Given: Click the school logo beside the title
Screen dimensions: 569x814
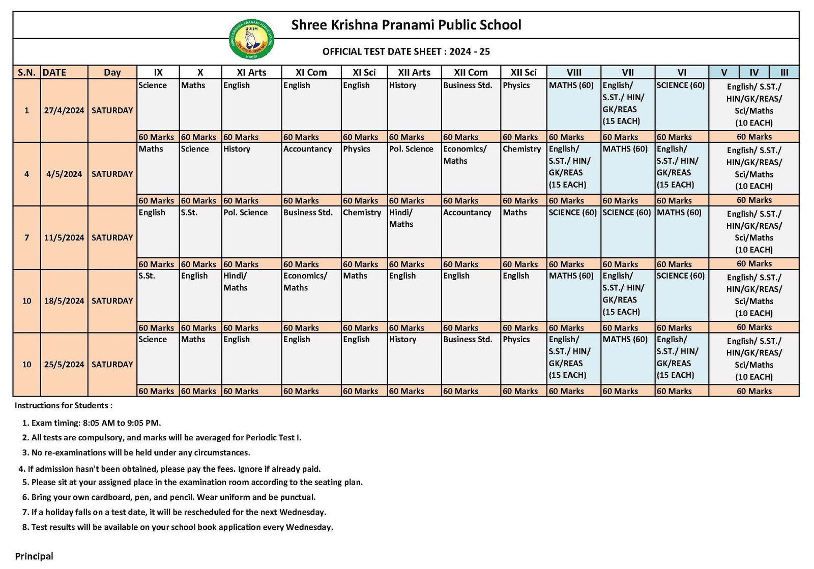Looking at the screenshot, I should coord(252,39).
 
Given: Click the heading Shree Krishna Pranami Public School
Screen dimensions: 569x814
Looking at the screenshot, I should coord(406,25).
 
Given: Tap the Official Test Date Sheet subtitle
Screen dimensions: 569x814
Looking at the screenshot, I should coord(406,51).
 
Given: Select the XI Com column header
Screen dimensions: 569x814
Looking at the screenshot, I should coord(311,72).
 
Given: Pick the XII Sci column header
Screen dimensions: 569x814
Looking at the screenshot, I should coord(524,72).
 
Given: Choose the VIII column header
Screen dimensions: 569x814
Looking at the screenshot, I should coord(574,72).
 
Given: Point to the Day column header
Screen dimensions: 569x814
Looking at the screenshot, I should coord(112,72).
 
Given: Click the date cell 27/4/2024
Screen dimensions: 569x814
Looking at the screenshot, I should coord(64,110).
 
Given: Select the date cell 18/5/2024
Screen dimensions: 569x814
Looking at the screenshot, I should coord(64,301).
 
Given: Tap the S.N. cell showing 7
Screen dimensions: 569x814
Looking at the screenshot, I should coord(26,237).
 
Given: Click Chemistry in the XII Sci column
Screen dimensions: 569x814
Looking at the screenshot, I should coord(521,149).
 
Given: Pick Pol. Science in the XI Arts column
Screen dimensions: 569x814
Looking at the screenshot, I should coord(245,213).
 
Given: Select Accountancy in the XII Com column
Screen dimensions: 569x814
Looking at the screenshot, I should coord(467,213).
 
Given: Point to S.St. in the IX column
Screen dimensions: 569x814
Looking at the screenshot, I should coord(147,276).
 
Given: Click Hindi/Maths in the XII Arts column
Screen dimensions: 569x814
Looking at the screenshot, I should coord(401,218).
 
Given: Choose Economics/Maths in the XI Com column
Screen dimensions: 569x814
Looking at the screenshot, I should coord(305,282).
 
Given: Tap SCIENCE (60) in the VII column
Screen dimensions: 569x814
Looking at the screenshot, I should coord(626,213).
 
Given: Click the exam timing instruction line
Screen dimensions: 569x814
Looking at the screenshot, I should coord(96,423).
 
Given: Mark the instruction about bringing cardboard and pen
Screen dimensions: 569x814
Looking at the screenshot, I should coord(173,497).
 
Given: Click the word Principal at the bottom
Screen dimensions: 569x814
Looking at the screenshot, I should coord(34,556).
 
